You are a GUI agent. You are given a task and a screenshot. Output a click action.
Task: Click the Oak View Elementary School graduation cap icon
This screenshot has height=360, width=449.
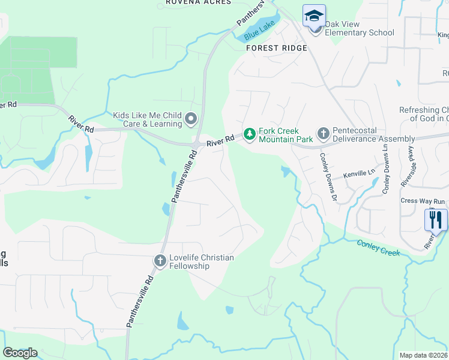coord(314,15)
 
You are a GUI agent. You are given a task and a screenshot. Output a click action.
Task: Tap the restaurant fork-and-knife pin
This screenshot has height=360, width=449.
coord(436,219)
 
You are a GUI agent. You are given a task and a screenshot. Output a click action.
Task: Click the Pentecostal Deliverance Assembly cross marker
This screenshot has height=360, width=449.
coord(323,133)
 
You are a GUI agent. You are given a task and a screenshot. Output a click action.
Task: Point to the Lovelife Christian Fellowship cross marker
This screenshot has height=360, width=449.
coord(160,260)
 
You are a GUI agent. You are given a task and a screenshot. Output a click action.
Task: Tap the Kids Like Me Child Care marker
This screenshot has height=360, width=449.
coord(191,119)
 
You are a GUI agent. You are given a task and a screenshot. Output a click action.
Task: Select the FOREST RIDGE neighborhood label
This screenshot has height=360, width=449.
coord(277,48)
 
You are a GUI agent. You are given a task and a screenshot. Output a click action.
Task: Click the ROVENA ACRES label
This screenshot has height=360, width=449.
coord(198,2)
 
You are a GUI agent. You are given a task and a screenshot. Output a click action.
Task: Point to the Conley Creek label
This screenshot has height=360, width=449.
coord(378,248)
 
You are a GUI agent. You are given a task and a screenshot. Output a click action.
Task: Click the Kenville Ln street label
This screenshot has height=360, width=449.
coord(358,174)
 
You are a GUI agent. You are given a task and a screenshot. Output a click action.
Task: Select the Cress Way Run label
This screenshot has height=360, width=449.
coord(423,201)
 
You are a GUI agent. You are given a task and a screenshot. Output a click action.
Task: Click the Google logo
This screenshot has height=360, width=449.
coord(20,353)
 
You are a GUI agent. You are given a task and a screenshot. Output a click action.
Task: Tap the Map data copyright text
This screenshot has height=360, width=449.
coord(424,355)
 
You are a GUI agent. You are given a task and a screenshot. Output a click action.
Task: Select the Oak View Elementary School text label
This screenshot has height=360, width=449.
coord(360,28)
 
